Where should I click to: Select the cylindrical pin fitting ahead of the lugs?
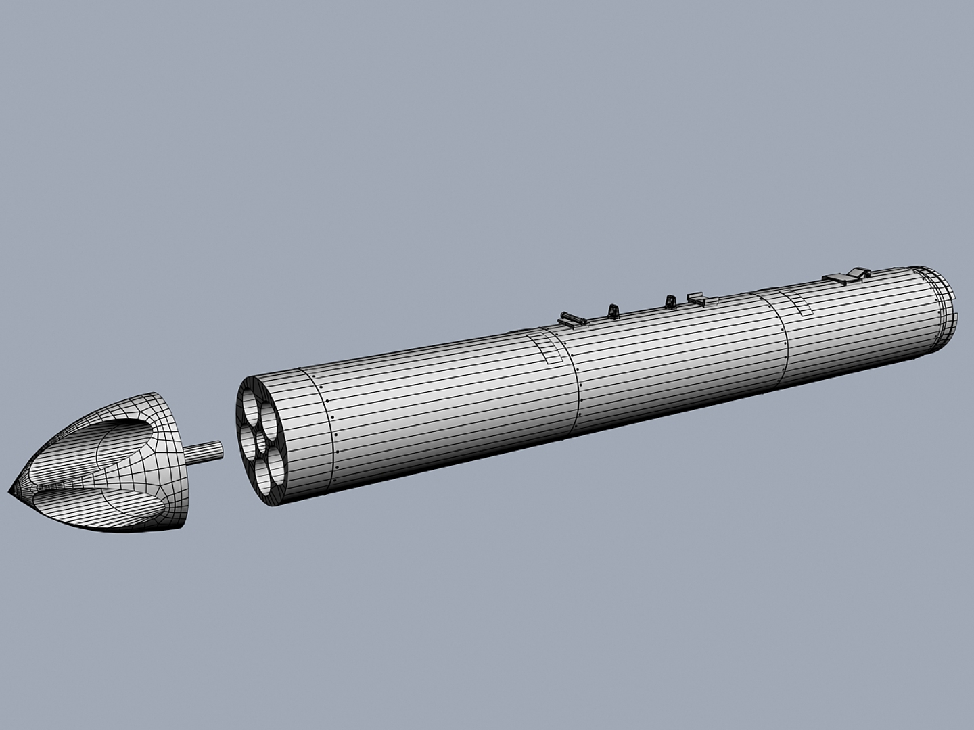(x=572, y=317)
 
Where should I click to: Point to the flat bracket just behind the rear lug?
(x=697, y=297)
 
